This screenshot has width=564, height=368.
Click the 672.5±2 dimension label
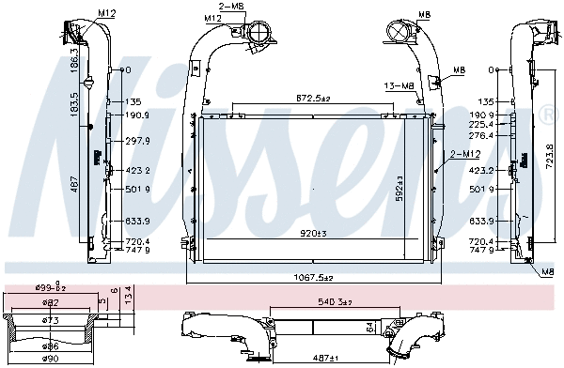click(315, 98)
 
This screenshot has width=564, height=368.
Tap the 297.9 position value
click(138, 141)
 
